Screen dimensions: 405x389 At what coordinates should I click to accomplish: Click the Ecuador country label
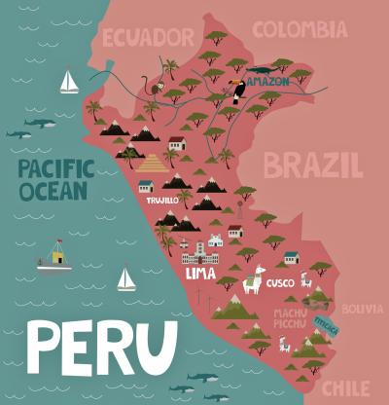[148, 37]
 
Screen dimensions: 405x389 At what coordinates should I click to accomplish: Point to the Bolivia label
[362, 309]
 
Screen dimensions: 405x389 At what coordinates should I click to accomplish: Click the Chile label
[346, 388]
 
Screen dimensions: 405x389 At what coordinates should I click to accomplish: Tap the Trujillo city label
[161, 200]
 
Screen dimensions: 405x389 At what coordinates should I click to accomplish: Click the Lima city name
[200, 274]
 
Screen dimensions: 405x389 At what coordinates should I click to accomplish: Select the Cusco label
[280, 283]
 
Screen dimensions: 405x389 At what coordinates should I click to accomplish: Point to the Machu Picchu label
[288, 317]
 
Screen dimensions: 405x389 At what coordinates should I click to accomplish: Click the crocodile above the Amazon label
[261, 71]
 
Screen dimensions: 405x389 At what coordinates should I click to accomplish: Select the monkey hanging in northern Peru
[146, 86]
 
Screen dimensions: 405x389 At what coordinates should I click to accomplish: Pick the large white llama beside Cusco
[252, 280]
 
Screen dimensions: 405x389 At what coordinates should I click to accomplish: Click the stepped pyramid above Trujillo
[154, 164]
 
